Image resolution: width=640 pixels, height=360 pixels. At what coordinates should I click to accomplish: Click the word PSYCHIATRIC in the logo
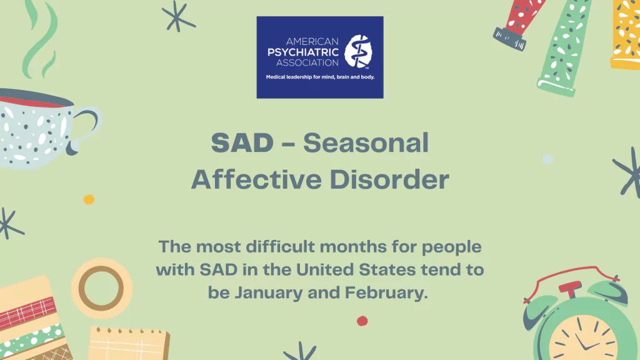pos(303,52)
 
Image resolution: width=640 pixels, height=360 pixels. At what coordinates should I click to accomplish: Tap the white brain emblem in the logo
pos(358,51)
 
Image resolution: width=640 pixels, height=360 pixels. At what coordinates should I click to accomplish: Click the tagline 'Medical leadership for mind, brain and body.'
pos(320,77)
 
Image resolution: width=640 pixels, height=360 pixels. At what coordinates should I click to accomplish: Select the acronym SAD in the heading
pos(242,143)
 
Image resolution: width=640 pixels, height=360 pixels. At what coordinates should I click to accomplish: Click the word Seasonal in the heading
pos(366,143)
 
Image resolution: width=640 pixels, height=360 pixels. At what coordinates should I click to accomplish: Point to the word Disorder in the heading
pos(389,179)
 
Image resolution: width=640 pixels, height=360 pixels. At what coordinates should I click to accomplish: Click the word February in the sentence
pos(386,293)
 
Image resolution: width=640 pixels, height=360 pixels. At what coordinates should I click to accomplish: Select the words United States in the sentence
pos(356,270)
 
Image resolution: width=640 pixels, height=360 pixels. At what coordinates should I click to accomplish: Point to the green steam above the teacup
pos(41,39)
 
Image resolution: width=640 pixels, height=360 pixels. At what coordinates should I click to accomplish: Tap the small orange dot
pos(89,199)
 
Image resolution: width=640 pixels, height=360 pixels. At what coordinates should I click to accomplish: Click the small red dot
pos(362,321)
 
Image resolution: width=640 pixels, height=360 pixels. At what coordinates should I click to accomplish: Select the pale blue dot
pos(547,159)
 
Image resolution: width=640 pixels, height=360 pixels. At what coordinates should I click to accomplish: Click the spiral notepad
pos(129,344)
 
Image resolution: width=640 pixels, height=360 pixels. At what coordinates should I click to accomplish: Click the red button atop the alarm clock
pos(570,287)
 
